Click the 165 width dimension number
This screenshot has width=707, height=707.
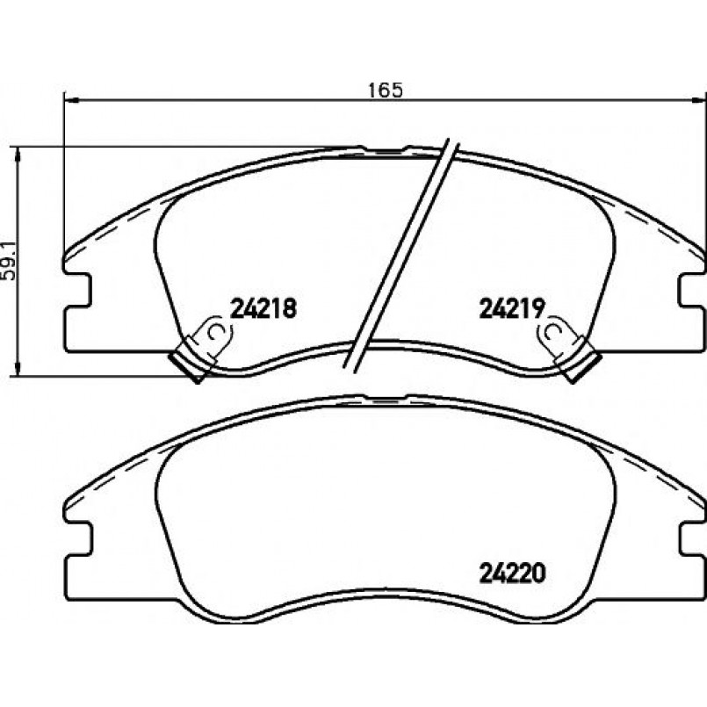tap(385, 90)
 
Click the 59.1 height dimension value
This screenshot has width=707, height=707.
tap(9, 261)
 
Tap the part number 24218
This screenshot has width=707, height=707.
tap(263, 309)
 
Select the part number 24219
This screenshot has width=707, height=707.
tap(512, 309)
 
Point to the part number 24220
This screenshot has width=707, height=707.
tap(512, 574)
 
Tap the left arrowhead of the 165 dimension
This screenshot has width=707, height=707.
tap(72, 100)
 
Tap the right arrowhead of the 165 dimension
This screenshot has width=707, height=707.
tap(698, 100)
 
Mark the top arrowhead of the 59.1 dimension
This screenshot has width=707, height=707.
tap(18, 155)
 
